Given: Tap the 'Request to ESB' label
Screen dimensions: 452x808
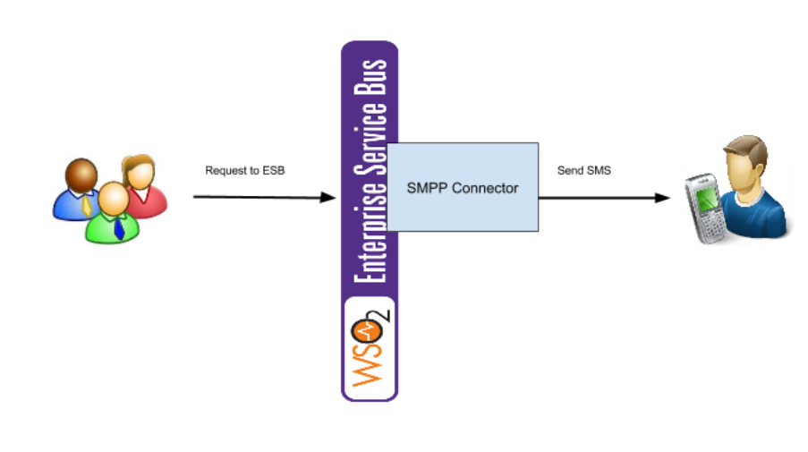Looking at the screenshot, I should coord(244,170).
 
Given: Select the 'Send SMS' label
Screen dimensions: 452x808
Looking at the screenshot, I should coord(583,170).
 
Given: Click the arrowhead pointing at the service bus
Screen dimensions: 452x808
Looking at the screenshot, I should coord(328,197).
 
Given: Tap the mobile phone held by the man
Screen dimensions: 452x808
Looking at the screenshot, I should coord(704,209).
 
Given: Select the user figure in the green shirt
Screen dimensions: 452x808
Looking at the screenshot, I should coord(112,216).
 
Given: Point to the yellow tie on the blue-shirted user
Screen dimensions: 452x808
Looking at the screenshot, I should coord(86,205).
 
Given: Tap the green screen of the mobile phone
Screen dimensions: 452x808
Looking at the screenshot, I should coord(708,200).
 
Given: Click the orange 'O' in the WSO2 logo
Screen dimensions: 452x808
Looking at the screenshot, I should coord(368,336).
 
